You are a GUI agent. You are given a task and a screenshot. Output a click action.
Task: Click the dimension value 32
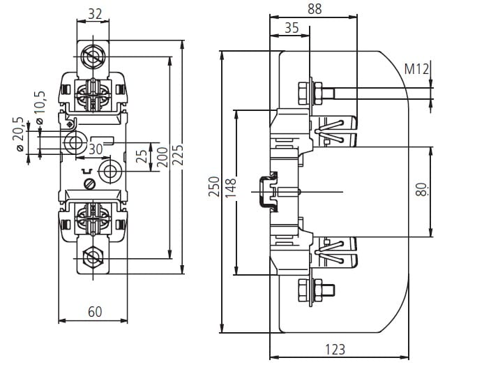(x=96, y=14)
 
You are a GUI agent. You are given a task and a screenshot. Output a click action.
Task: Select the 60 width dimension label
(x=95, y=312)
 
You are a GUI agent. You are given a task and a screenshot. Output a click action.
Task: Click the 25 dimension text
(x=142, y=156)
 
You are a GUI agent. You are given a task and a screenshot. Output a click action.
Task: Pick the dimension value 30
(x=96, y=149)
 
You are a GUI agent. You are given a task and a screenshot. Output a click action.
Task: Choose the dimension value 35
(x=292, y=28)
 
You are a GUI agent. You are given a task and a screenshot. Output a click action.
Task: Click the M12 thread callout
(x=417, y=69)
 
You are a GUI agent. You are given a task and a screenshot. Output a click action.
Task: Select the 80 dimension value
(x=420, y=189)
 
